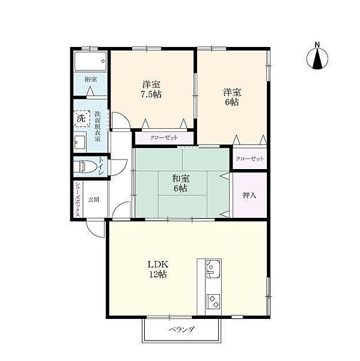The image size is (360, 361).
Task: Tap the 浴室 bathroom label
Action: pos(91,79)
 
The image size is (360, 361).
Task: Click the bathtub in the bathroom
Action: pos(90,61)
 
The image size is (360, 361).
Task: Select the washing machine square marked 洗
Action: pos(82,119)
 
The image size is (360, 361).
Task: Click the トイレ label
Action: pos(102,166)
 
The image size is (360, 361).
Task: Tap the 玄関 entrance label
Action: pos(94,199)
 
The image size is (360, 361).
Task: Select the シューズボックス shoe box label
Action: pos(78,199)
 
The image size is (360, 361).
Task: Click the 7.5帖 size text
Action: pos(151,94)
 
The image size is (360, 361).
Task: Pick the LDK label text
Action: pos(158,264)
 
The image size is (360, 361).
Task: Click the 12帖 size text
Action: pos(158,274)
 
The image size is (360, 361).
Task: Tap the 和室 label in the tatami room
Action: pos(181,179)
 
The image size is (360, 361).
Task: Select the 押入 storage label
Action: pos(249,196)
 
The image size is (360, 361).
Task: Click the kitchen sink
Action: pos(213,268)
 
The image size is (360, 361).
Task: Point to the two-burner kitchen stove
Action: pos(213,301)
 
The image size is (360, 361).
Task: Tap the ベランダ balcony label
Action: pos(182,330)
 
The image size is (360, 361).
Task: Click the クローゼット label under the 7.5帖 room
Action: pos(164,138)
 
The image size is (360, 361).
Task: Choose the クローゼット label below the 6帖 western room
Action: pos(250,159)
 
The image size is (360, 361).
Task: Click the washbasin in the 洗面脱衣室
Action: pos(79,142)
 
